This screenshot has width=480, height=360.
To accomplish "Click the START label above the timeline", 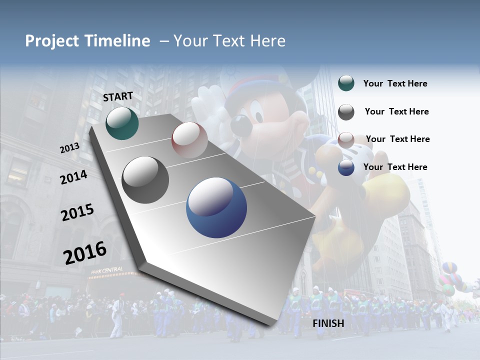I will tap(118, 96).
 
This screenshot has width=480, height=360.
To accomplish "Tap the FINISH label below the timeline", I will tap(328, 323).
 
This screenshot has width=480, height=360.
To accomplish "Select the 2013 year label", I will tap(70, 148).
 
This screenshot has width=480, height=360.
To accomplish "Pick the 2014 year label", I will tap(73, 177).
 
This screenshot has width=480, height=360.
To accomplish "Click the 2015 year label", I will tap(77, 212).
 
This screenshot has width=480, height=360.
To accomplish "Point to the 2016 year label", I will tap(85, 252).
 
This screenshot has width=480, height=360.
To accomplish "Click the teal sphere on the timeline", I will tap(122, 123).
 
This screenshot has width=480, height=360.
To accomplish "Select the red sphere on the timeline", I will tap(189, 140).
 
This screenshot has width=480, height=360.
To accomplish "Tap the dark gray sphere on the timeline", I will tap(145, 180).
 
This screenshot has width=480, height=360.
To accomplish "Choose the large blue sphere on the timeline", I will tap(216, 207).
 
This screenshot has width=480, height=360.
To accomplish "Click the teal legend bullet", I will tap(346, 83).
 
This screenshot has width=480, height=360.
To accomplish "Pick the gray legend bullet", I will tap(346, 112).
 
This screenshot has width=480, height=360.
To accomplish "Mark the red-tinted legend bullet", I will tap(346, 140).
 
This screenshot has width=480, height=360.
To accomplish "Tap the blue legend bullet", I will tap(346, 167).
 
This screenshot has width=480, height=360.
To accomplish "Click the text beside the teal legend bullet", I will tap(395, 83).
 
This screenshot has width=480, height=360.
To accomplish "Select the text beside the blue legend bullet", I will tap(395, 167).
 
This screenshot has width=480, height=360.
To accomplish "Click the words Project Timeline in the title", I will tap(87, 41).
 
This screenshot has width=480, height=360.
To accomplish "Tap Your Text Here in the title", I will tap(229, 41).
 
